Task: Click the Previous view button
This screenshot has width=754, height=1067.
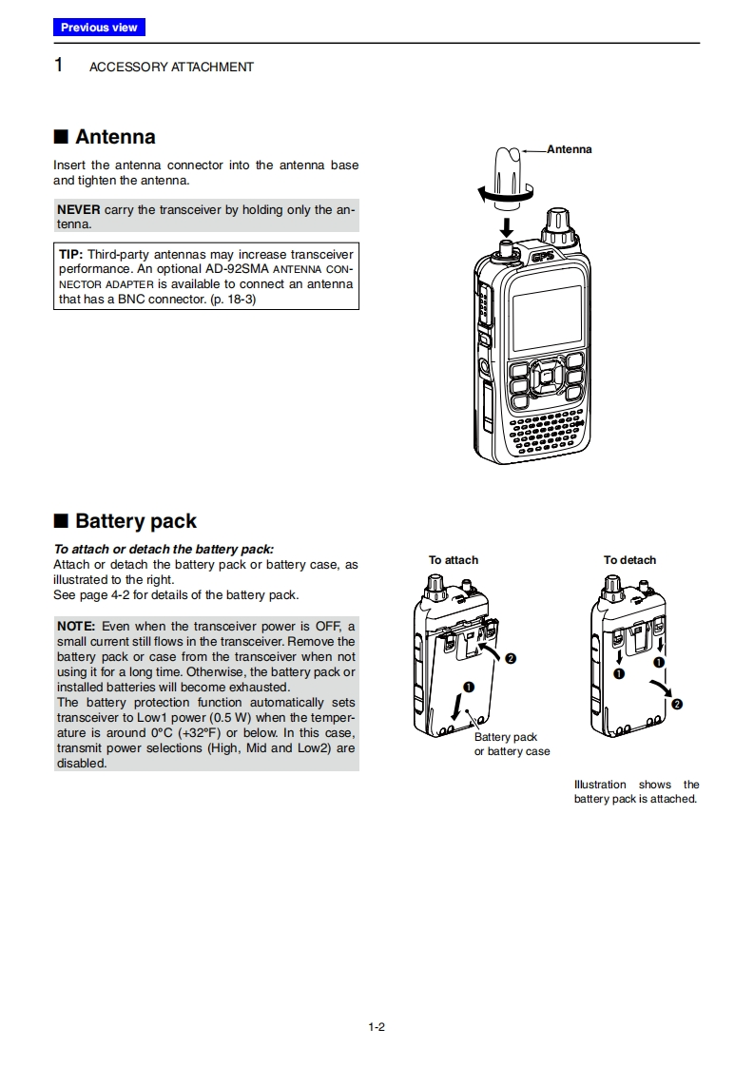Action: [99, 28]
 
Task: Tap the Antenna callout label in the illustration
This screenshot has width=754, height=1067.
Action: [570, 149]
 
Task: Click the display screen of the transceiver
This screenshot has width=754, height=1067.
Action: [547, 317]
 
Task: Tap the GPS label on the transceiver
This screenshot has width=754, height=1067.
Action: [542, 255]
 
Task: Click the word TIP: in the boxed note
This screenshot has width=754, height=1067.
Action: [72, 255]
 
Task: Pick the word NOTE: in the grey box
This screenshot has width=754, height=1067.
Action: [76, 626]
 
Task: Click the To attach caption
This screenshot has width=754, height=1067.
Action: [454, 560]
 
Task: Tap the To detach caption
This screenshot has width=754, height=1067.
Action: [629, 560]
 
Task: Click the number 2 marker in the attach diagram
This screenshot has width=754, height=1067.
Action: [511, 659]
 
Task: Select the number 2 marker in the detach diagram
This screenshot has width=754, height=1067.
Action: [676, 704]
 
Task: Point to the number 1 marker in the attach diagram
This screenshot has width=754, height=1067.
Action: [468, 687]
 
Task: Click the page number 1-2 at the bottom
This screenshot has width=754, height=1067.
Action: [376, 1026]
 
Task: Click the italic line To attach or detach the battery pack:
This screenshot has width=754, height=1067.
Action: [164, 550]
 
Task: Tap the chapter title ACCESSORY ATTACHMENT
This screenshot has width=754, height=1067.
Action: [171, 68]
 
